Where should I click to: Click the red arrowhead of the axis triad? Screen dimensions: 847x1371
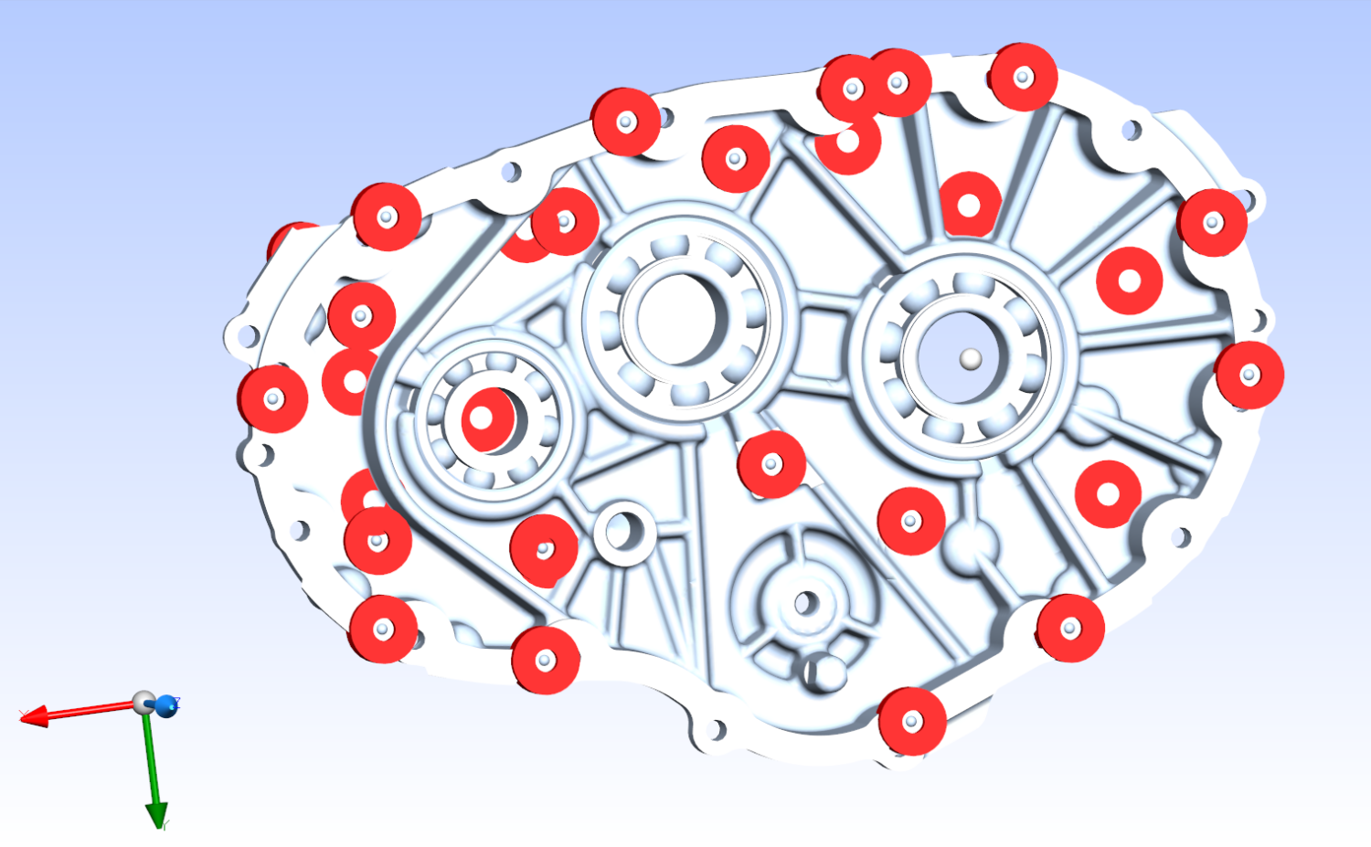tap(32, 716)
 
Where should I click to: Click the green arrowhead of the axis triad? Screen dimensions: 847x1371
tap(157, 813)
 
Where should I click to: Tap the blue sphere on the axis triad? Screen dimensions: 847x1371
tap(166, 705)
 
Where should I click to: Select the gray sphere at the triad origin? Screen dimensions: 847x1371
tap(143, 703)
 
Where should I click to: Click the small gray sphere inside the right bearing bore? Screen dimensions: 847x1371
tap(971, 360)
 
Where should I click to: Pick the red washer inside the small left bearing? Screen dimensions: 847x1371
tap(485, 419)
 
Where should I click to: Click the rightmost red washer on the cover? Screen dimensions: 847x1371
tap(1249, 375)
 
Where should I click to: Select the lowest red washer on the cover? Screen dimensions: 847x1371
tap(911, 722)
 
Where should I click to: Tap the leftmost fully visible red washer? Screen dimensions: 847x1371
tap(272, 399)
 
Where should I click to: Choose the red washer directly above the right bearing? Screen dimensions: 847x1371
tap(969, 206)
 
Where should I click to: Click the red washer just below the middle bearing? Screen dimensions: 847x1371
tap(771, 464)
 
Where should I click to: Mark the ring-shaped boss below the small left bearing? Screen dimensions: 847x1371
tap(625, 531)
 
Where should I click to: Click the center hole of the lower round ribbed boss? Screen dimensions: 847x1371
tap(805, 603)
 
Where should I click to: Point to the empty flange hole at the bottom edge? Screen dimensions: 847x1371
tap(716, 729)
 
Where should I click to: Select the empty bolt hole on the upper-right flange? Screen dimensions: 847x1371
tap(1132, 130)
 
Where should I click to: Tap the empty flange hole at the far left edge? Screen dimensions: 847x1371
tap(246, 335)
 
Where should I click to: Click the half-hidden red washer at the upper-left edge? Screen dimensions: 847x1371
tap(291, 238)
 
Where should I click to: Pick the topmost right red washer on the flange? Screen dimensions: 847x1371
tap(1023, 77)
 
